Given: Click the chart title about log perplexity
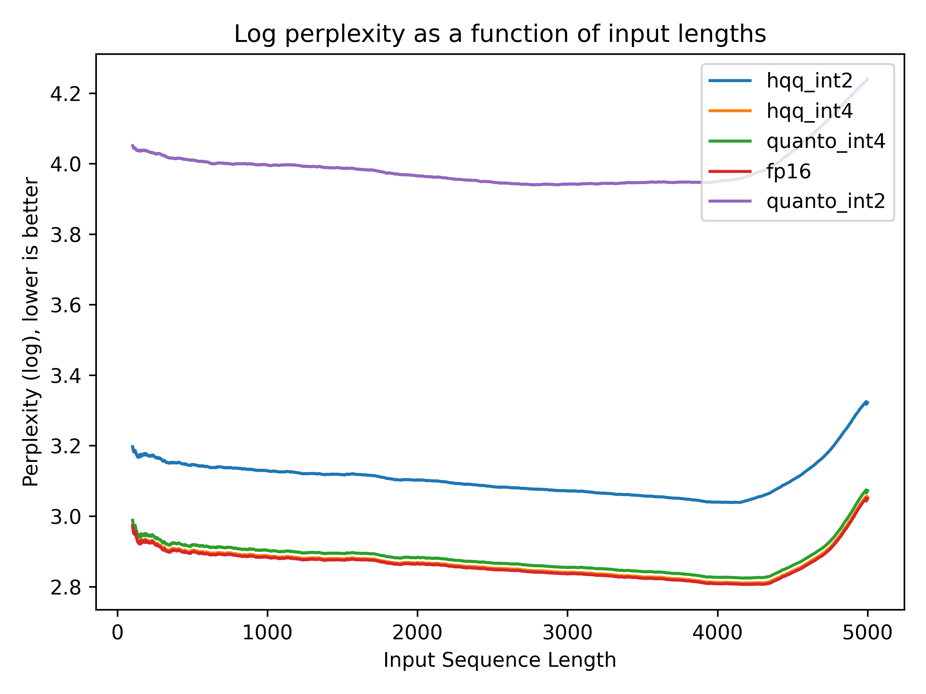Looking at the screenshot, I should (500, 34).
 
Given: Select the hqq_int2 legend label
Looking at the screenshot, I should (809, 81).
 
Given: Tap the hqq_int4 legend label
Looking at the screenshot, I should (809, 111).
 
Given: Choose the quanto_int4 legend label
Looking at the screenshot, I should (825, 141).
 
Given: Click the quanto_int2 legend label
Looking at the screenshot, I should (825, 202).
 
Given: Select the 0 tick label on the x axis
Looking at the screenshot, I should (118, 633).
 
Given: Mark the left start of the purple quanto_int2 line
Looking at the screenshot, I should (132, 146).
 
